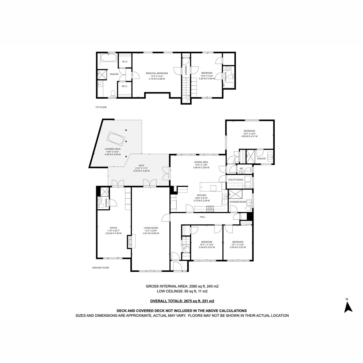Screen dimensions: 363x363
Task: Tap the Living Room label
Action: click(151, 228)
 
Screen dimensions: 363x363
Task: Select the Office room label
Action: click(113, 228)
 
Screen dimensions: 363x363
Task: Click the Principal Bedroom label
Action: click(156, 73)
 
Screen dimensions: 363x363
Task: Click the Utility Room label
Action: click(235, 180)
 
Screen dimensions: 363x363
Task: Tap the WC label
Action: click(241, 168)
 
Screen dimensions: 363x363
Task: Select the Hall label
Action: click(202, 217)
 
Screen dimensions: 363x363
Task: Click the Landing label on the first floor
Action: click(186, 70)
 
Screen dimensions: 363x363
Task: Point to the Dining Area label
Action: click(201, 162)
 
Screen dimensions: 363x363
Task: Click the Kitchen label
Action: click(201, 195)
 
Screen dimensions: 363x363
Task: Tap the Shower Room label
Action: click(238, 202)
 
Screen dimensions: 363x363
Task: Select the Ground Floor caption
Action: click(100, 268)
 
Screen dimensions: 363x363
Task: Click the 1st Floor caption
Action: click(101, 107)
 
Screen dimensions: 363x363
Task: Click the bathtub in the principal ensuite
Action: click(109, 58)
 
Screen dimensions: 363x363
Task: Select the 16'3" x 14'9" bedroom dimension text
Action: click(249, 134)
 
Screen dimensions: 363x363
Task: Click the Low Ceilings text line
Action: click(182, 291)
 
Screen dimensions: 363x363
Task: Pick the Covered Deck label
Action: click(113, 149)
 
